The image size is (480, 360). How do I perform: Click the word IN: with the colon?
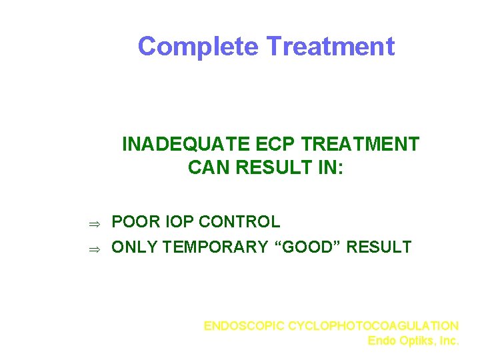[x=330, y=167]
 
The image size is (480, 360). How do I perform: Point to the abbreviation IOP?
[x=177, y=222]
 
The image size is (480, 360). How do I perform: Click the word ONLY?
[x=135, y=247]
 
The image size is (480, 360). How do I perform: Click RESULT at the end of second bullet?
[x=380, y=247]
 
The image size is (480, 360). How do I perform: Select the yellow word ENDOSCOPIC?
[x=245, y=326]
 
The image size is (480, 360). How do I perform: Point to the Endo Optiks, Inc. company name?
[x=413, y=341]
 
